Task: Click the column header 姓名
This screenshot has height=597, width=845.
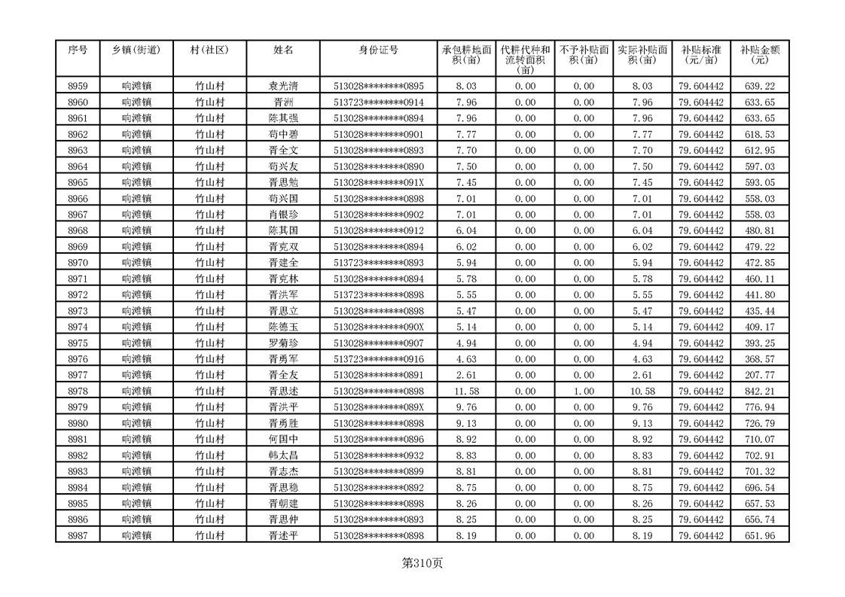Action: (283, 50)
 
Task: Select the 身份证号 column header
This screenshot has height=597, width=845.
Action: (378, 50)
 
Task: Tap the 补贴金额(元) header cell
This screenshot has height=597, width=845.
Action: (759, 55)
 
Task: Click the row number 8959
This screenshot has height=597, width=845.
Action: (78, 87)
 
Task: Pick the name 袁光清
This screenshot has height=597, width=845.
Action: (283, 87)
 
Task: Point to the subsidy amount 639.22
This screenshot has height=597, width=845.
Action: (759, 87)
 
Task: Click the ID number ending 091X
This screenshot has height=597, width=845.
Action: (379, 183)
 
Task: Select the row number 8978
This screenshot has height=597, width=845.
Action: (78, 391)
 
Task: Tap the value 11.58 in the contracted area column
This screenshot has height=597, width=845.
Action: (467, 391)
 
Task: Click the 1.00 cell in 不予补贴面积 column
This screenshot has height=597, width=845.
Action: (584, 391)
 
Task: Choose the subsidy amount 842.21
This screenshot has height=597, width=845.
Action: (759, 391)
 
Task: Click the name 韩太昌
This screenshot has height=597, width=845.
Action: (283, 455)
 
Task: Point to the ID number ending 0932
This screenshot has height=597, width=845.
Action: (379, 455)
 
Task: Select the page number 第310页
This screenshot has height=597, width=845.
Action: (422, 563)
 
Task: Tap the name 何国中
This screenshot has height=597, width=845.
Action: (283, 440)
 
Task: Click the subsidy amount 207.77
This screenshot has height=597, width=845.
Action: (759, 376)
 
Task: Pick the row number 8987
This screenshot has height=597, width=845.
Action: (78, 535)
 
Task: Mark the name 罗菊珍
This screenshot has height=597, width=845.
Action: (283, 343)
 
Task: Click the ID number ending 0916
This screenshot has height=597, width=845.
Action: (379, 359)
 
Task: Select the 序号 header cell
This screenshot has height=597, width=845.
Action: (78, 50)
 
